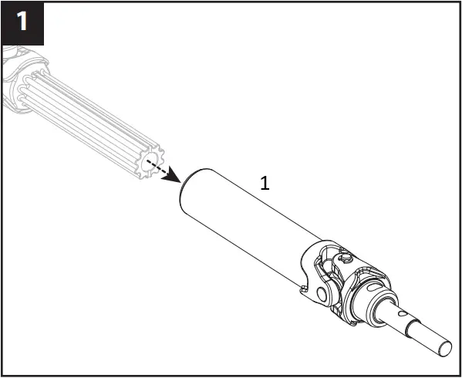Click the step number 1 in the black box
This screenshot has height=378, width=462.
[x=22, y=22]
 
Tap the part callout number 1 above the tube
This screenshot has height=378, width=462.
[x=265, y=184]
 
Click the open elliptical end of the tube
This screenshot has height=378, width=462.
[x=185, y=187]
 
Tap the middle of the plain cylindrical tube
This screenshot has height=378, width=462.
[x=247, y=224]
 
